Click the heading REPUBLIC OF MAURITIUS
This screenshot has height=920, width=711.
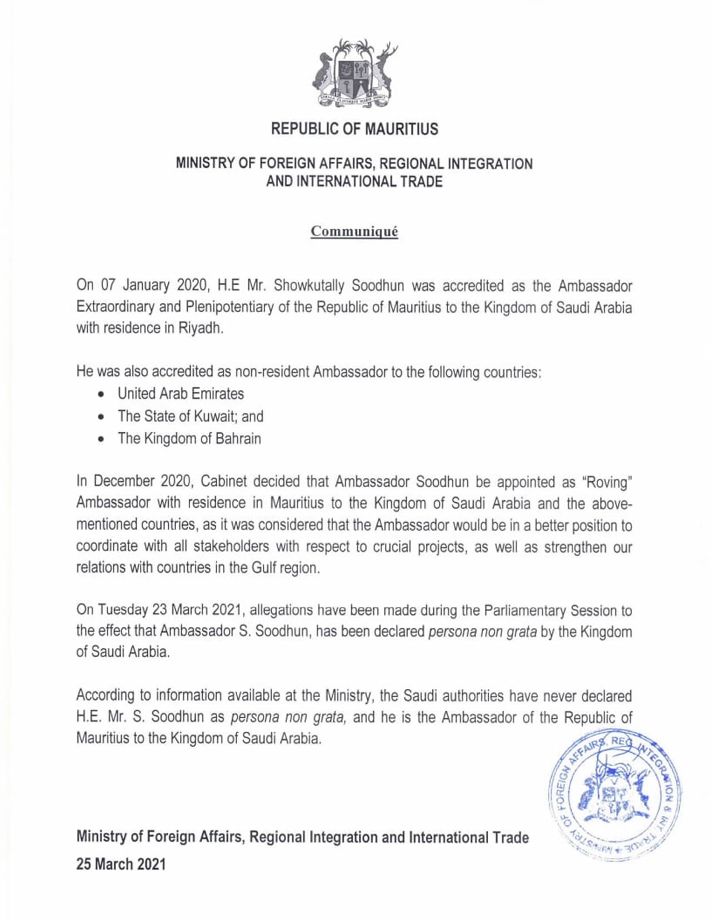click(x=354, y=129)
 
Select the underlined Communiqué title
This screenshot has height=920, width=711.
click(x=354, y=231)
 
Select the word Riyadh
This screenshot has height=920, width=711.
click(x=200, y=328)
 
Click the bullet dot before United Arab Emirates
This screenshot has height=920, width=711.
click(x=101, y=394)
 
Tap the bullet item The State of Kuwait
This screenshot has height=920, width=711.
click(x=190, y=416)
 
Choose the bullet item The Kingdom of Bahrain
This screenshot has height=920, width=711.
click(x=189, y=438)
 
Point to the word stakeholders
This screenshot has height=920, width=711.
click(x=231, y=547)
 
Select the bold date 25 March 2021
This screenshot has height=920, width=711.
click(x=121, y=864)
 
